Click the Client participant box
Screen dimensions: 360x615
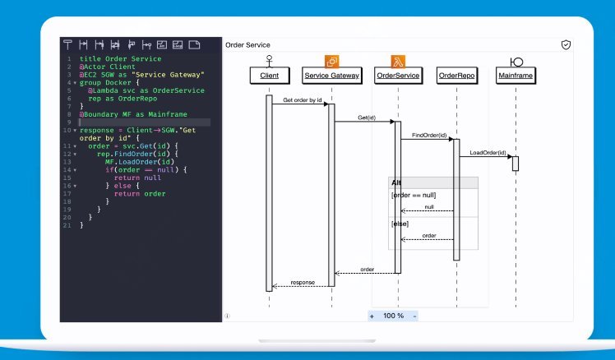tap(269, 76)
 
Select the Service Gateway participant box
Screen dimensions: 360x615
tap(331, 76)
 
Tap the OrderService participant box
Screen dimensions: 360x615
tap(397, 76)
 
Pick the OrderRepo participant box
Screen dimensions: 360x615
tap(456, 76)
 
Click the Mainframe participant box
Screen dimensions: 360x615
tap(516, 76)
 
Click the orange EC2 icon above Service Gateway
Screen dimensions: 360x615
tap(332, 61)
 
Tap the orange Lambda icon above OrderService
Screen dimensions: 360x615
tap(397, 61)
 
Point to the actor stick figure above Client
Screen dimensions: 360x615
tap(269, 60)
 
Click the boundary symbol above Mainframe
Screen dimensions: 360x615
tap(516, 61)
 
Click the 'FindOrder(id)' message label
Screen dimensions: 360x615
tap(429, 135)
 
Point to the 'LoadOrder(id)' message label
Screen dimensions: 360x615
tap(488, 152)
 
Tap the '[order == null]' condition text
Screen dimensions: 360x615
tap(414, 195)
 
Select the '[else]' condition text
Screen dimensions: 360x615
tap(400, 224)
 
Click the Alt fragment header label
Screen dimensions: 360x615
tap(396, 182)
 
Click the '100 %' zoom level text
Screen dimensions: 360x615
tap(394, 316)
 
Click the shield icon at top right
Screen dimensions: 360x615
tap(566, 44)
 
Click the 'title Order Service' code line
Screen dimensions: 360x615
tap(120, 59)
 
